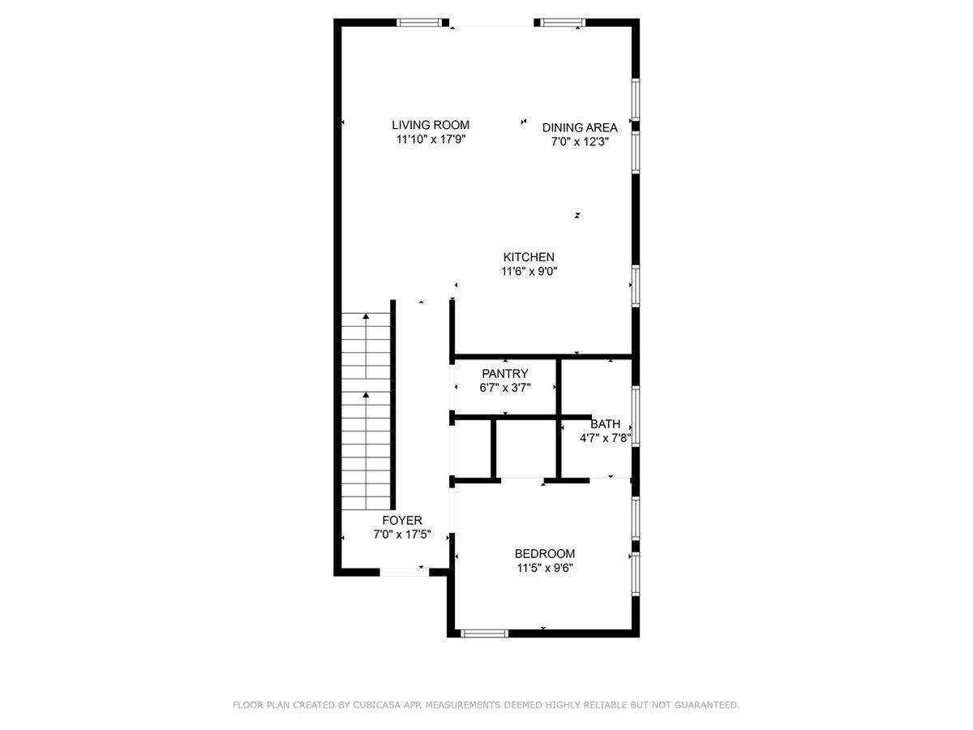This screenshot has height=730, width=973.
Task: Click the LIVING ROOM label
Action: (x=431, y=125)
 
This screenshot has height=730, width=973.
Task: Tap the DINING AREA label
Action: (x=580, y=127)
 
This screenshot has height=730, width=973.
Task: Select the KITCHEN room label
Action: (x=529, y=257)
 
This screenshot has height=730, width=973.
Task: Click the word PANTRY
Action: (x=505, y=374)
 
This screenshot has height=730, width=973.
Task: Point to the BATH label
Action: (x=605, y=424)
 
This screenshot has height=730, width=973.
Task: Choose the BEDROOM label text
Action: (x=544, y=554)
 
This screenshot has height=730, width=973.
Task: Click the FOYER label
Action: (x=402, y=521)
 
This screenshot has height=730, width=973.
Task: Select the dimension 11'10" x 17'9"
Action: (x=431, y=140)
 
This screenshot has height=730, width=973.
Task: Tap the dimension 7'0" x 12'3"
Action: (x=580, y=141)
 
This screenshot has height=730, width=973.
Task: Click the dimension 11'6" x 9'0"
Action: (x=529, y=272)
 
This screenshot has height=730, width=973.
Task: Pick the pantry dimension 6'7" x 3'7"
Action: (x=505, y=388)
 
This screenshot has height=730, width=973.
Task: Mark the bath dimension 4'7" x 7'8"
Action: (x=605, y=438)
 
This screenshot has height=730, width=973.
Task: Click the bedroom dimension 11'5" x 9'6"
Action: (x=544, y=568)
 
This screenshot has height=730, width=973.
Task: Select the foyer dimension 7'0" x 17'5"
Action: (x=402, y=535)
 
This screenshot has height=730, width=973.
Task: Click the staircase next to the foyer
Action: (x=366, y=410)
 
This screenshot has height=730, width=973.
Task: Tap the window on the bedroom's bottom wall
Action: (x=484, y=633)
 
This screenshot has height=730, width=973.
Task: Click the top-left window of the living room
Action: (x=422, y=23)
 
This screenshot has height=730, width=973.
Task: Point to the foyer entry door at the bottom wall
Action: (x=405, y=572)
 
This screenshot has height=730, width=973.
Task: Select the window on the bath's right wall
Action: (x=636, y=416)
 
